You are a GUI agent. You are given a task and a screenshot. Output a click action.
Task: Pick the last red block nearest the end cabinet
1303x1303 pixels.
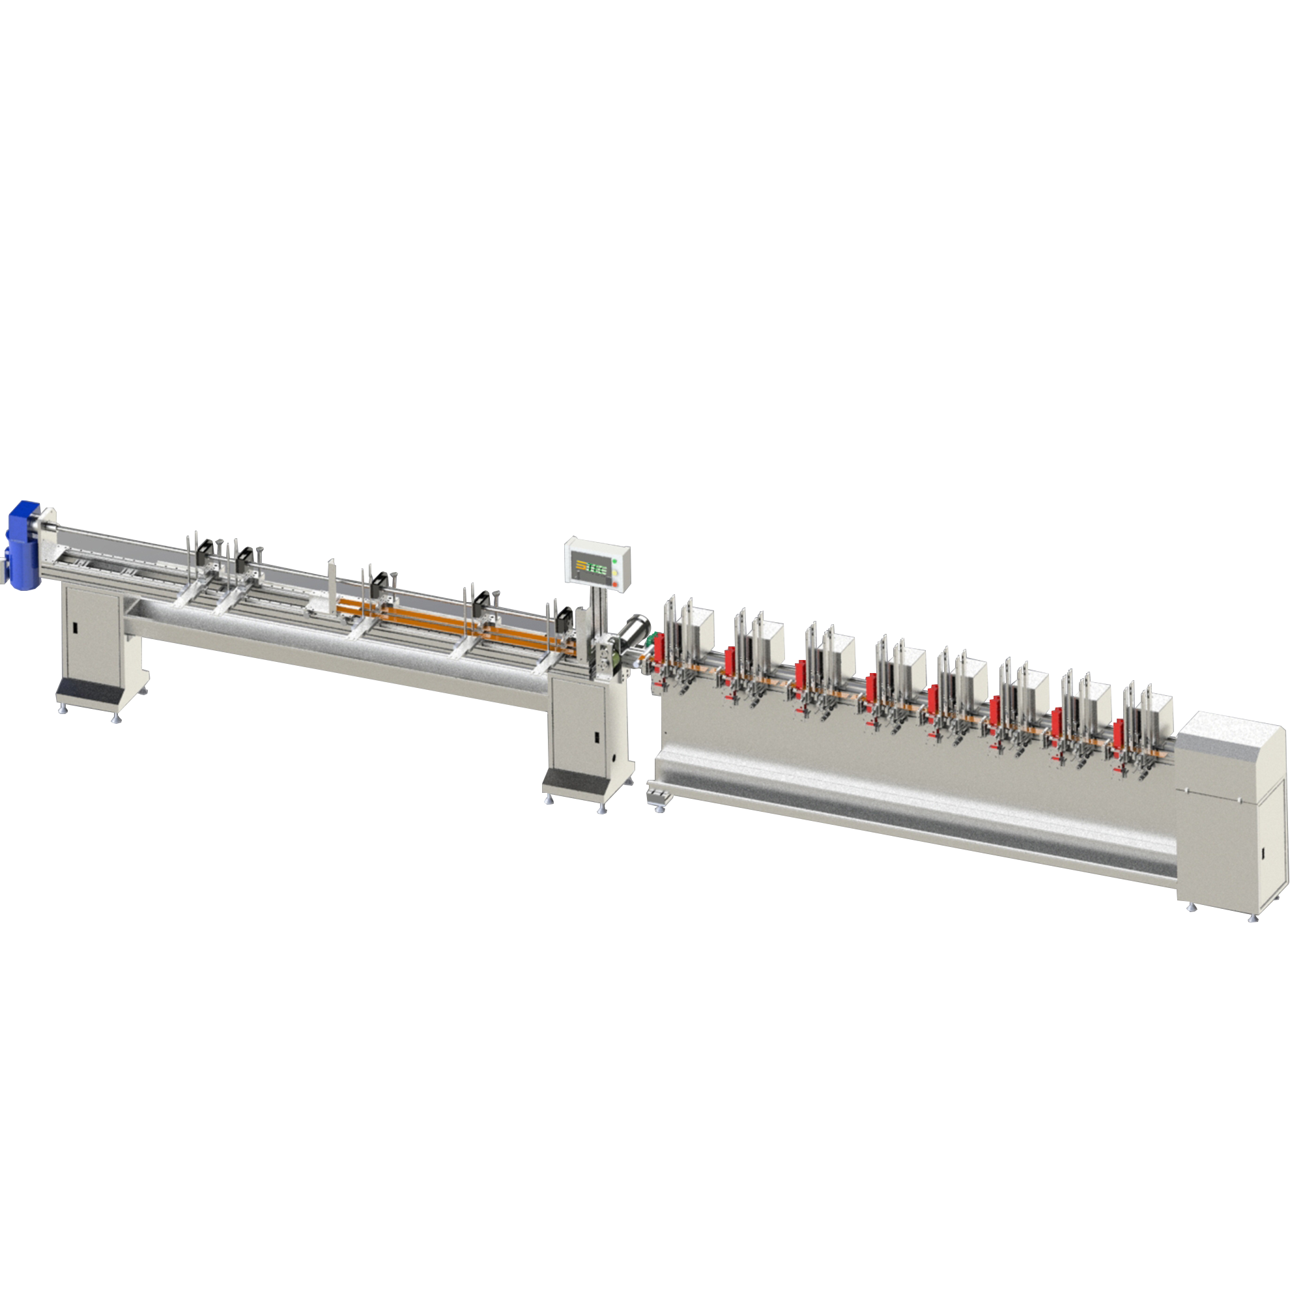1118,731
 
